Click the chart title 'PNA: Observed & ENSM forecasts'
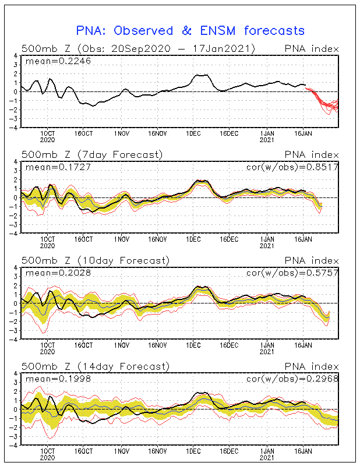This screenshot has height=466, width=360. tap(190, 30)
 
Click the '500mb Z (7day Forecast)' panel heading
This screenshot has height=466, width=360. tap(91, 154)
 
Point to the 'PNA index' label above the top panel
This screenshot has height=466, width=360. tap(310, 48)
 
